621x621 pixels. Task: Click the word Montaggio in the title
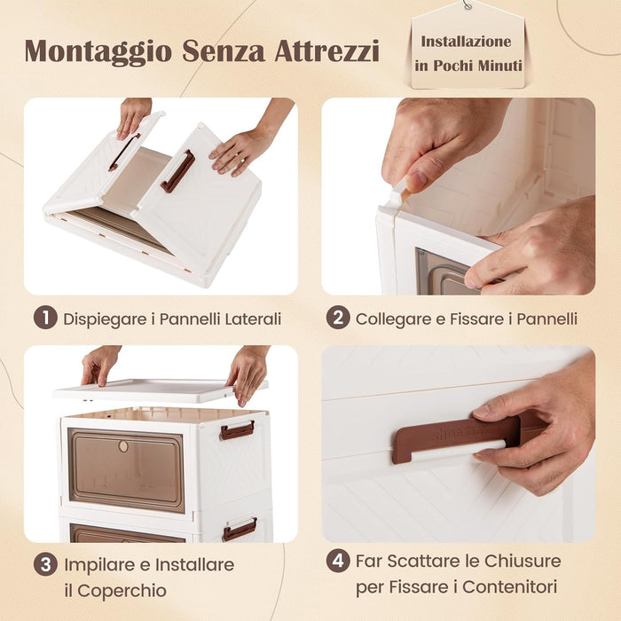98,51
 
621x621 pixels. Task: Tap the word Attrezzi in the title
326,51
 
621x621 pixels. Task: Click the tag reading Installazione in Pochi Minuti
466,53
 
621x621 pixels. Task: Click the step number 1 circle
45,318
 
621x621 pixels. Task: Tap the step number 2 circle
337,318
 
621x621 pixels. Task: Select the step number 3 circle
45,565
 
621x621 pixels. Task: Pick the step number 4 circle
337,562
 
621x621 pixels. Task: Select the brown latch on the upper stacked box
238,430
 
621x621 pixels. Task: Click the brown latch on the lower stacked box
240,530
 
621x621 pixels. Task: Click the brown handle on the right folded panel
177,170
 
